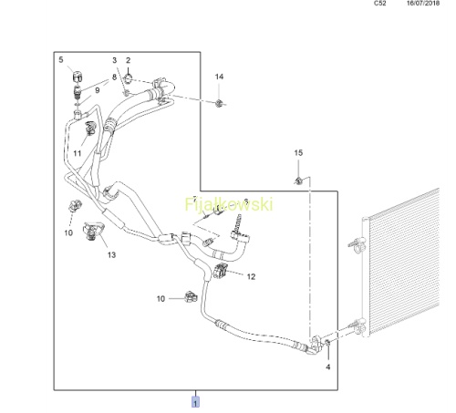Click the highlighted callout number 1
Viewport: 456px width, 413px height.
[195, 402]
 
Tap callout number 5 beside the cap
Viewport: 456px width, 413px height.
[61, 60]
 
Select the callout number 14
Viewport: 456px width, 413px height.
[219, 77]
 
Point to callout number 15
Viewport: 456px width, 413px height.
[298, 152]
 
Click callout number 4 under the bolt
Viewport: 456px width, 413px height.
[328, 367]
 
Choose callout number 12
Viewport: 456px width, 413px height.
[251, 276]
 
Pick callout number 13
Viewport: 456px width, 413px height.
[111, 254]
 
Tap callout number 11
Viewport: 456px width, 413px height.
[78, 153]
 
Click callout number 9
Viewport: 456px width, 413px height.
[98, 90]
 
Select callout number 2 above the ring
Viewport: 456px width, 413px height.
[129, 60]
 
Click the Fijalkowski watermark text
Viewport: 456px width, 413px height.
[229, 204]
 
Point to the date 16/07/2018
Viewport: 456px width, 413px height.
[423, 4]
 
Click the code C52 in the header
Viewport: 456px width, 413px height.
[380, 4]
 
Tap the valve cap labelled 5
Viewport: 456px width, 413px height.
[78, 77]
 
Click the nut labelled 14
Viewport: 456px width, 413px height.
[218, 104]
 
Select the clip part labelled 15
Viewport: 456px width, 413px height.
[298, 181]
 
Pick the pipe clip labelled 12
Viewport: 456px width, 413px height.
[221, 271]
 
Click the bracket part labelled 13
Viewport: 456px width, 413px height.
[92, 231]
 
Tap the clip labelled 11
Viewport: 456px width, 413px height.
[90, 128]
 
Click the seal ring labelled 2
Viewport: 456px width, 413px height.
[129, 79]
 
